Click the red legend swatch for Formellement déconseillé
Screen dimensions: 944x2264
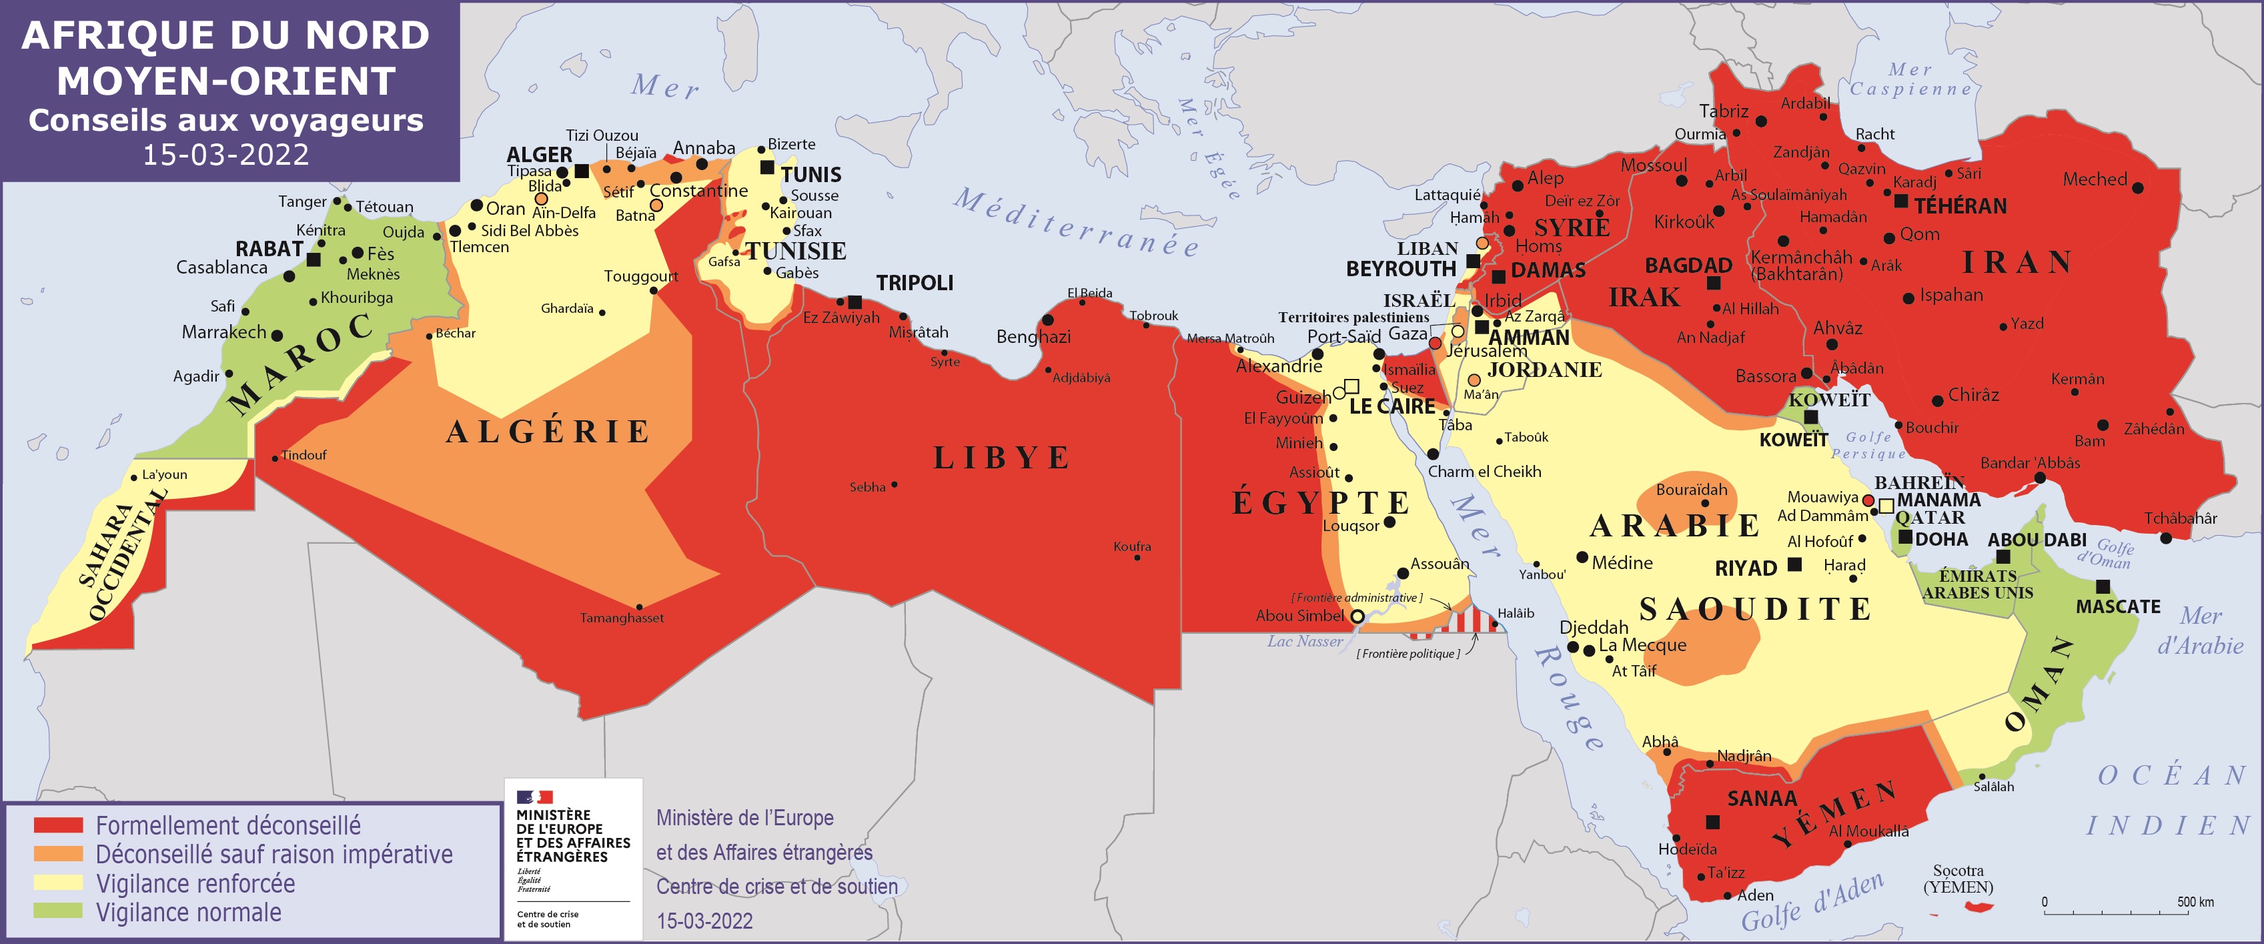[58, 825]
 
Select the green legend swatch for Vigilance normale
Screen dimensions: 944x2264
[58, 911]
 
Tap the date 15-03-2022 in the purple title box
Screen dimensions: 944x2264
[226, 155]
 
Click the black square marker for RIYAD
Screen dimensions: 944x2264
[1794, 564]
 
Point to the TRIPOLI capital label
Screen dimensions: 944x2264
[914, 283]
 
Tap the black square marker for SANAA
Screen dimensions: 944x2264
[1713, 822]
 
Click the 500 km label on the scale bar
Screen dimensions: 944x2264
[2195, 902]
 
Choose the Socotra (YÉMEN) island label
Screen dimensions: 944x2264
[1958, 878]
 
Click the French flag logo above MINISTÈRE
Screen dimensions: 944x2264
[534, 797]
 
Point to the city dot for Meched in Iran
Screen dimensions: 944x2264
[2137, 187]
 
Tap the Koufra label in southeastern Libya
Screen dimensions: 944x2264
[1132, 546]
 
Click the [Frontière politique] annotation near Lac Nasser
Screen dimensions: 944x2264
[1408, 654]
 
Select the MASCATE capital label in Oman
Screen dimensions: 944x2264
[2117, 606]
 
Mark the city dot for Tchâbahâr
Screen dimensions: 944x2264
[2165, 537]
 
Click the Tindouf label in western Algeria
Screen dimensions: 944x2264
[304, 455]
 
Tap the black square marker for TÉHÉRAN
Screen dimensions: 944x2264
[1901, 201]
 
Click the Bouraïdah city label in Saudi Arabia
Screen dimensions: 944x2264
[1691, 490]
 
